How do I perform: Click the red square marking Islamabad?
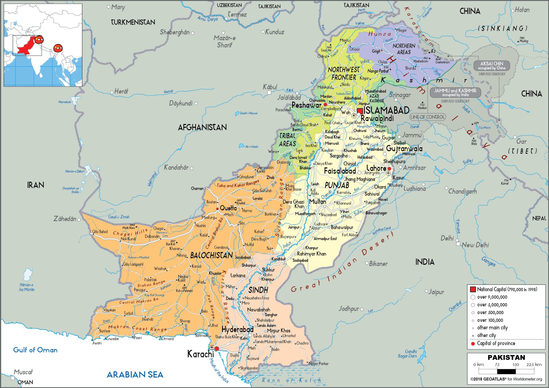click(360, 111)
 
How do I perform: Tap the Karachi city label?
click(200, 354)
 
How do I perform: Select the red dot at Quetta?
click(217, 209)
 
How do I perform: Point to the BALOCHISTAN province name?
click(211, 255)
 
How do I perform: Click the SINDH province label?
click(258, 290)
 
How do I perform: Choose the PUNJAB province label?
click(337, 185)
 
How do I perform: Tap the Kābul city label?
click(270, 87)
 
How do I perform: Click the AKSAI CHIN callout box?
click(491, 66)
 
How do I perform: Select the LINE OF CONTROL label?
click(428, 117)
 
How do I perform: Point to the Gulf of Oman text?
click(35, 350)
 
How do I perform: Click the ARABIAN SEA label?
click(135, 374)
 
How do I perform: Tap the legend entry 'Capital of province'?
click(496, 343)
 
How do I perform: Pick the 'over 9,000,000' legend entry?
click(492, 297)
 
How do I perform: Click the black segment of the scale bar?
click(506, 371)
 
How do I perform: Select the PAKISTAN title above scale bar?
click(506, 357)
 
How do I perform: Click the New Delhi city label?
click(475, 245)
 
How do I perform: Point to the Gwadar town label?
click(113, 339)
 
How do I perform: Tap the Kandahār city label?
click(176, 167)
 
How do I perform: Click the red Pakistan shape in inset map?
click(25, 48)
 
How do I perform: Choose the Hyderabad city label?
click(237, 329)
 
